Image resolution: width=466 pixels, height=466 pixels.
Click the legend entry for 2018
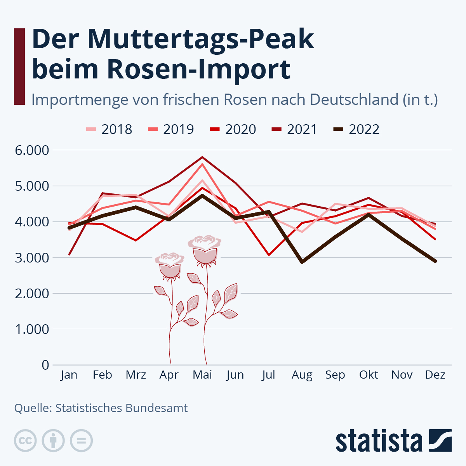click(109, 129)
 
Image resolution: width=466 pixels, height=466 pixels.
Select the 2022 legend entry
click(356, 129)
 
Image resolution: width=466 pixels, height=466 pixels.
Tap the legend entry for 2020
click(233, 129)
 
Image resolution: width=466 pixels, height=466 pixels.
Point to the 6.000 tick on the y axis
click(32, 150)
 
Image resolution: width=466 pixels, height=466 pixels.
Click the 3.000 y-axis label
click(32, 257)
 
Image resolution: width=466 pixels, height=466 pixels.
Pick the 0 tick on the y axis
click(45, 365)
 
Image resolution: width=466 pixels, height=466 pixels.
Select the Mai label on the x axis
click(202, 375)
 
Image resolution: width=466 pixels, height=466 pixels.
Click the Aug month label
click(302, 375)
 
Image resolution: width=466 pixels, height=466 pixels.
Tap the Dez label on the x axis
click(435, 375)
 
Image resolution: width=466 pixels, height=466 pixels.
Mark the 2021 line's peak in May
click(202, 157)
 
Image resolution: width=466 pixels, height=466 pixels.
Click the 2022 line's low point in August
click(302, 262)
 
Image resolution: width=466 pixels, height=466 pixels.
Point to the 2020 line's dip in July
click(269, 255)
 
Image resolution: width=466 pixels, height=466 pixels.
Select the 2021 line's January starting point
click(69, 254)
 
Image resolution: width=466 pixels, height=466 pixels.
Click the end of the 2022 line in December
click(435, 261)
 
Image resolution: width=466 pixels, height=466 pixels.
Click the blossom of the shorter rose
click(170, 264)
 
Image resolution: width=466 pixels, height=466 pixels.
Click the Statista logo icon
click(440, 440)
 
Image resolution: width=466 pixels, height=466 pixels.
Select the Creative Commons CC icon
click(25, 441)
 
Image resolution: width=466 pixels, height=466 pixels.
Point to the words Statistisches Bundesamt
click(121, 408)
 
